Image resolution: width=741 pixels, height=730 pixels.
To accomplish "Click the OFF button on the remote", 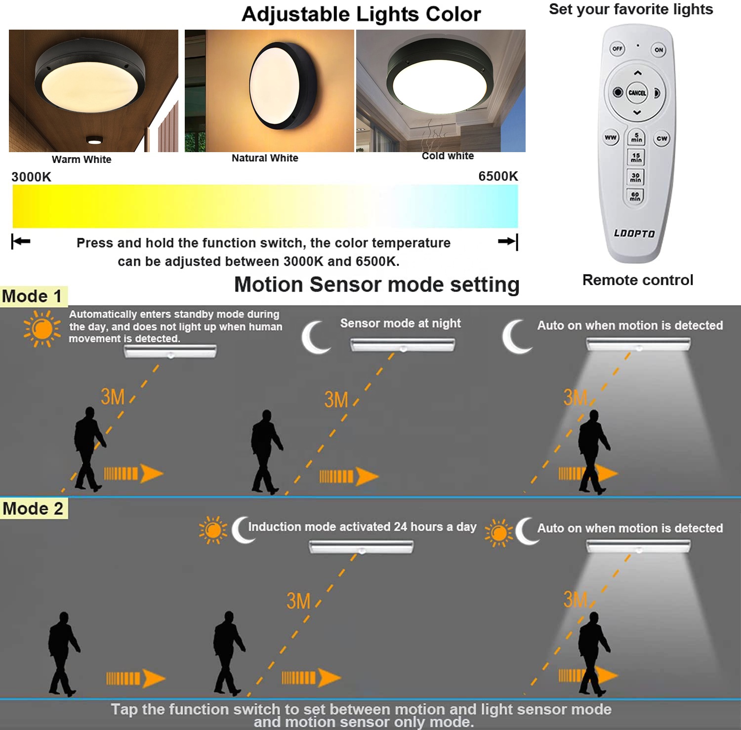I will (617, 48).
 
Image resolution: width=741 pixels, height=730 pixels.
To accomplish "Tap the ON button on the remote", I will (659, 49).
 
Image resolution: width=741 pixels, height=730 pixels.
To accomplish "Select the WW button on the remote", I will (611, 137).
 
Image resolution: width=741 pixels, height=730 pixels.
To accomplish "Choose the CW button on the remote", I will (662, 138).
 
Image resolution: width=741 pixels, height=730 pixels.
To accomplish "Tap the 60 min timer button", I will (635, 197).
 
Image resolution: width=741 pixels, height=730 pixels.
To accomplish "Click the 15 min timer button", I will (636, 158).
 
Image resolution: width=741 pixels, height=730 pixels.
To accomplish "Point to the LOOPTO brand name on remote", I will (634, 233).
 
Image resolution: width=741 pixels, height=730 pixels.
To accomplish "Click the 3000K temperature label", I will (31, 177).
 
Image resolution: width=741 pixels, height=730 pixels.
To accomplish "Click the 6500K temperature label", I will (498, 176).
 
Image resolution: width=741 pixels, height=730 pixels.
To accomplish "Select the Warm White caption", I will (82, 160).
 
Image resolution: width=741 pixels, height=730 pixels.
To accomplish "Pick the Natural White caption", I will (265, 158).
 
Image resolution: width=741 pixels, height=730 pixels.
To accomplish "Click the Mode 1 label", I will (32, 296).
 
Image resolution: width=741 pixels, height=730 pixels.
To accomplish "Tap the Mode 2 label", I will (33, 509).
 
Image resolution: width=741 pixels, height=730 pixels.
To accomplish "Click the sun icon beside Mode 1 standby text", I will (42, 328).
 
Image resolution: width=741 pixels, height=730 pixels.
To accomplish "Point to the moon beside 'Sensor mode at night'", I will (315, 337).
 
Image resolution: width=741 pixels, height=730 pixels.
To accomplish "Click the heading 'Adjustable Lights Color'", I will (361, 14).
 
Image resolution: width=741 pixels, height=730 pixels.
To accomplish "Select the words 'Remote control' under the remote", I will (638, 280).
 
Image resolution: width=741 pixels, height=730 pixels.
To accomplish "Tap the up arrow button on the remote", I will (638, 73).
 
